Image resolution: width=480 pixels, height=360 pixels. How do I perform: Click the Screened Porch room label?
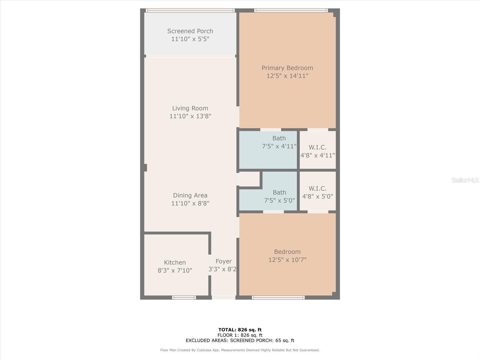(x=190, y=31)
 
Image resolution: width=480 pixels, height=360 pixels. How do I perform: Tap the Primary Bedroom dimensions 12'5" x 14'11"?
(x=287, y=76)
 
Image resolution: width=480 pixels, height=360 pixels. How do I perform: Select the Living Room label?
(x=190, y=108)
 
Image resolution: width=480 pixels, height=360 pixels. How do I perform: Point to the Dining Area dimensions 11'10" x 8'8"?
(x=190, y=203)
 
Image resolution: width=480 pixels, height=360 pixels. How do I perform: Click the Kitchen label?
(x=175, y=262)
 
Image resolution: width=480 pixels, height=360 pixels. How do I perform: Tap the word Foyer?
(x=224, y=261)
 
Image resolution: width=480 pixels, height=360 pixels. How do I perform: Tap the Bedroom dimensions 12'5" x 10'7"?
(x=287, y=260)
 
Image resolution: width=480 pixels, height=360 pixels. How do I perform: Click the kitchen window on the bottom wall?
(x=184, y=298)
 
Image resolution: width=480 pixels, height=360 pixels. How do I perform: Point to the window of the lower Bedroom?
(x=278, y=298)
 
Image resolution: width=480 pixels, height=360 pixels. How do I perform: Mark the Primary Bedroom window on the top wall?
(x=291, y=10)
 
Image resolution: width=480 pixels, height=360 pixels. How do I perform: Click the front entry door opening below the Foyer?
(x=224, y=298)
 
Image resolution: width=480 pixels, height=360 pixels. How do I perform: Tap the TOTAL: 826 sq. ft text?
(x=240, y=330)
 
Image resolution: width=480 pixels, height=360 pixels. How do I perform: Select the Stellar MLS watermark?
(x=465, y=180)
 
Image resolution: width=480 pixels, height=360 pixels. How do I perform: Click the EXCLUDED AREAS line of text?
(x=240, y=340)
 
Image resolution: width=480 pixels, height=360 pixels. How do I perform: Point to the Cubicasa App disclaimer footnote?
(x=240, y=350)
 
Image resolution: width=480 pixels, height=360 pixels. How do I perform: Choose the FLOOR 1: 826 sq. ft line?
(x=240, y=335)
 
